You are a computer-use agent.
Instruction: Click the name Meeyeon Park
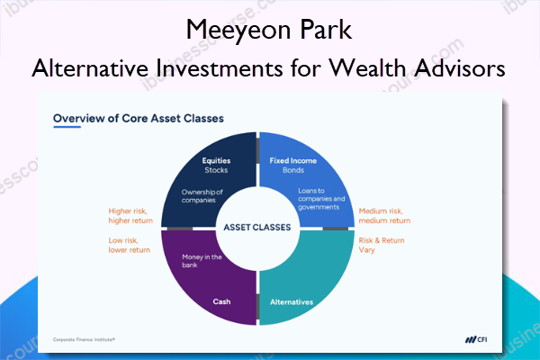click(268, 30)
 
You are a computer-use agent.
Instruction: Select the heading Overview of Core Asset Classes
click(139, 118)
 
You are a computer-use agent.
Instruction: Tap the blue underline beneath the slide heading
click(67, 127)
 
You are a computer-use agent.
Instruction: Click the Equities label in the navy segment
click(216, 160)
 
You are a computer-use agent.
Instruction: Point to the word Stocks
click(216, 170)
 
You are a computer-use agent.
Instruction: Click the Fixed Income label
click(293, 160)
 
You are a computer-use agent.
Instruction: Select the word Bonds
click(293, 170)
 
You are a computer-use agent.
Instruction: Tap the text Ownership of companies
click(202, 196)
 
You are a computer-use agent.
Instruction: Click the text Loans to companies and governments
click(321, 199)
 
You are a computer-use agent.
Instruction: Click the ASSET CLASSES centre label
click(257, 228)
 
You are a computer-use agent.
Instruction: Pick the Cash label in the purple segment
click(221, 301)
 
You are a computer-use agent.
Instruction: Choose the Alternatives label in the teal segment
click(292, 302)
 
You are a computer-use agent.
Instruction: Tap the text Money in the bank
click(202, 261)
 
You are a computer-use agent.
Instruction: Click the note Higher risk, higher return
click(130, 216)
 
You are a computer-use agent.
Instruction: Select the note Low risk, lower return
click(129, 245)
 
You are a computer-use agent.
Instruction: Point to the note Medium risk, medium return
click(384, 216)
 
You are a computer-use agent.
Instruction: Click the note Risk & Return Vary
click(382, 245)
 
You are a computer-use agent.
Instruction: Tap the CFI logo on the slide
click(476, 339)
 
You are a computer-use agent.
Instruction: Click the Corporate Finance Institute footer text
click(84, 339)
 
